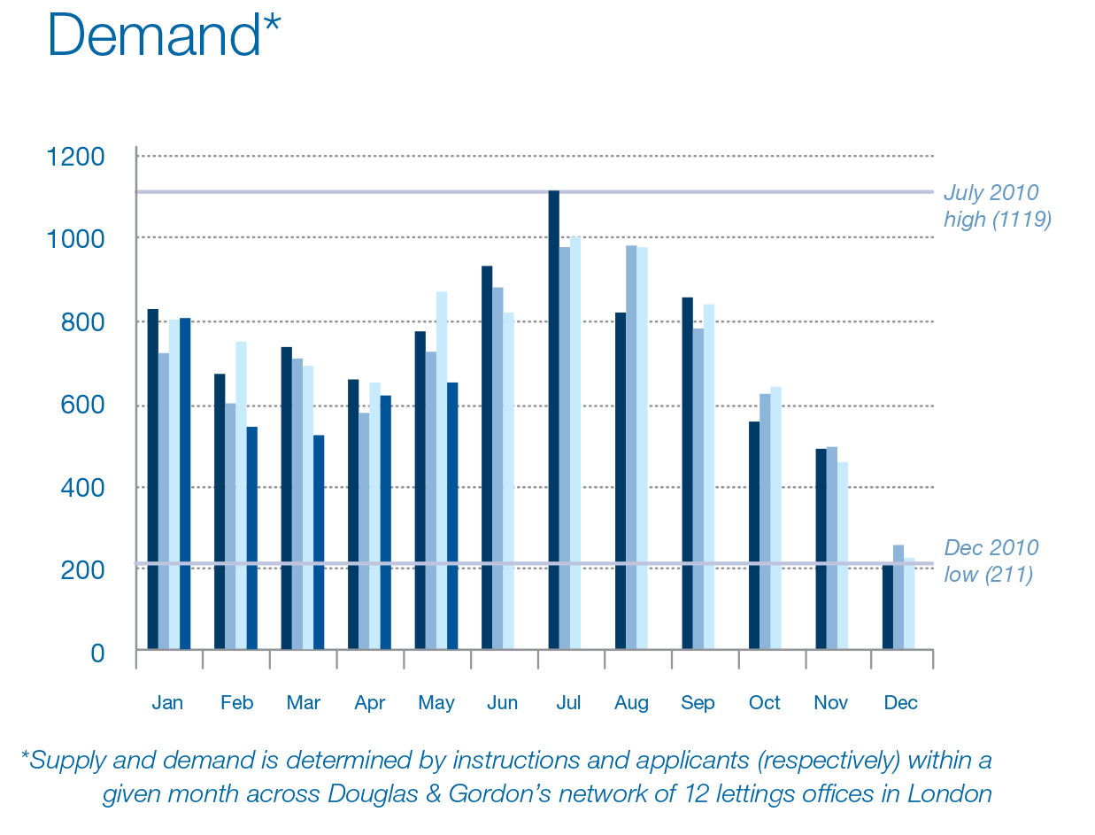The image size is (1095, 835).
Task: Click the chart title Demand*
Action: coord(164,35)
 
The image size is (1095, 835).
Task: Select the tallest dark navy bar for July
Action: coord(554,420)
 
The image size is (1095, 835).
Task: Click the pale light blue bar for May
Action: coord(442,470)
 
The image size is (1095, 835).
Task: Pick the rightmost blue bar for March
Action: coord(319,542)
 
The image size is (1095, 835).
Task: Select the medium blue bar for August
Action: coord(631,447)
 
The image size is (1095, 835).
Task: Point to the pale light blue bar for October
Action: coord(775,518)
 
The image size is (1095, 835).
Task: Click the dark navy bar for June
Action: coord(487,457)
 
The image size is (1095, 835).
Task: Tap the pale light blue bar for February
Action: coord(241,495)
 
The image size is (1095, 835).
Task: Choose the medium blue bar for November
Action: coord(831,548)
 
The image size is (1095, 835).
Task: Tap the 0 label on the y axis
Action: coord(97,653)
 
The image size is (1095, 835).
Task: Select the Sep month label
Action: coord(698,703)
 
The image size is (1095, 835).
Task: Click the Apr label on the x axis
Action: coord(369,703)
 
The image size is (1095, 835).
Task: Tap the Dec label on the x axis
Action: coord(900,703)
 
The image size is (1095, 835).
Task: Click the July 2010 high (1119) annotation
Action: coord(997,205)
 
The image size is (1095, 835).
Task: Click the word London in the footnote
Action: coord(949,793)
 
